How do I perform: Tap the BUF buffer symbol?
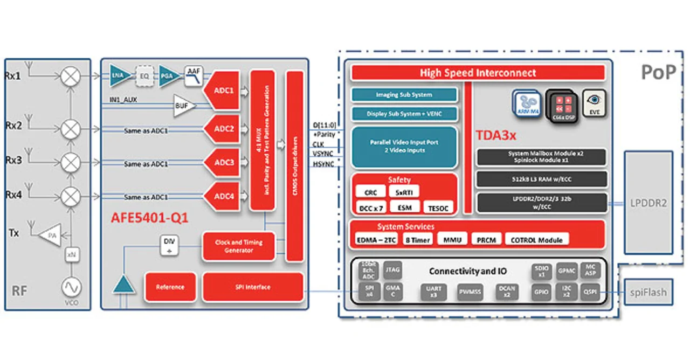182,106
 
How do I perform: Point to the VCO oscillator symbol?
71,286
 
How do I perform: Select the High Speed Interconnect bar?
478,73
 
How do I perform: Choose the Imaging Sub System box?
404,95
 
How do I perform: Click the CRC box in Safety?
371,192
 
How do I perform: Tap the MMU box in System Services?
452,240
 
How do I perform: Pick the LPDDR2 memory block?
648,203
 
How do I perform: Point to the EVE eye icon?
594,103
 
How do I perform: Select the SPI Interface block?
253,287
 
